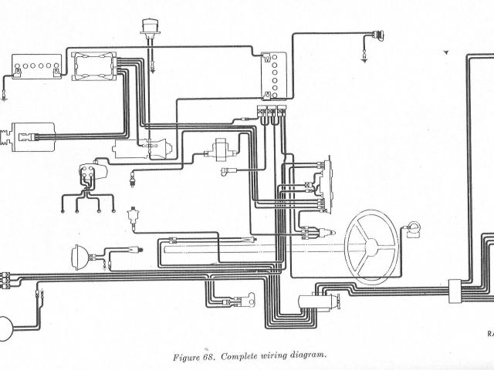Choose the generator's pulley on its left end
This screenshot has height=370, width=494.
(6, 137)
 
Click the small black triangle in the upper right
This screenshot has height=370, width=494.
(445, 52)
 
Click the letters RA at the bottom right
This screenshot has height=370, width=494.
(489, 335)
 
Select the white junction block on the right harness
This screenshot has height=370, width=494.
(455, 289)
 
